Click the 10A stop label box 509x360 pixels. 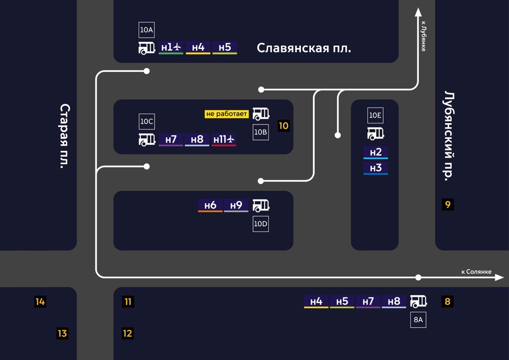point(146,30)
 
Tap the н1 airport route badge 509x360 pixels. point(171,47)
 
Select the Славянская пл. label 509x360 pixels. point(304,48)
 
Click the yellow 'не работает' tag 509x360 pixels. point(227,114)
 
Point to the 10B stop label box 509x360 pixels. point(260,132)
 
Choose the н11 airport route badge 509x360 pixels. point(224,140)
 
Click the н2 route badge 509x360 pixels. point(376,152)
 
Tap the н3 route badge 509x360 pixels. point(376,168)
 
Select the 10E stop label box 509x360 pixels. point(375,115)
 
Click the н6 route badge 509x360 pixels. point(210,205)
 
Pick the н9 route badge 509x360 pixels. point(236,205)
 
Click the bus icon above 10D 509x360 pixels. point(261,205)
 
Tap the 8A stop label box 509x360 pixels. point(418,319)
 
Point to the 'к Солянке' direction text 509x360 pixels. point(476,272)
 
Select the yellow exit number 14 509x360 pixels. point(40,302)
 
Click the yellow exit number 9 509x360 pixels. point(448,205)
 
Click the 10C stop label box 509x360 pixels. point(146,121)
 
